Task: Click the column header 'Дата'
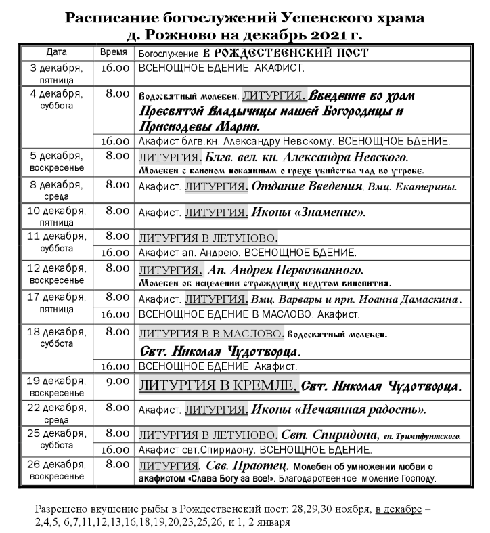coord(57,52)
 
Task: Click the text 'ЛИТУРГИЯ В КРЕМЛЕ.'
coord(218,386)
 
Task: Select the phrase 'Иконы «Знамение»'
coord(308,213)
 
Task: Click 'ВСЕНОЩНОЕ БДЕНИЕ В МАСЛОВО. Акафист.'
coord(249,314)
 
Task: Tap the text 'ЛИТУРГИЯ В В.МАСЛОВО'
coord(210,334)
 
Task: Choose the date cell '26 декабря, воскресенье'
coord(57,472)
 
